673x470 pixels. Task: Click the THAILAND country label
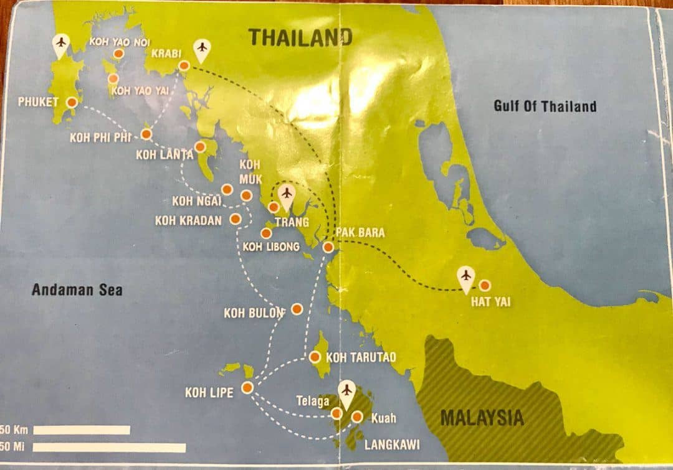pyautogui.click(x=300, y=37)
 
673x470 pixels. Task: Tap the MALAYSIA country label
pyautogui.click(x=482, y=417)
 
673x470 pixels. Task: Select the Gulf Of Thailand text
pyautogui.click(x=545, y=106)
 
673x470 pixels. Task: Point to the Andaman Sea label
pyautogui.click(x=77, y=289)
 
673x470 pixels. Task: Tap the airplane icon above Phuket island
pyautogui.click(x=60, y=43)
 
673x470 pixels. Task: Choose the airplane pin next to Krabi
pyautogui.click(x=201, y=48)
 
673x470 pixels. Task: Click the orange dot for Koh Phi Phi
pyautogui.click(x=146, y=134)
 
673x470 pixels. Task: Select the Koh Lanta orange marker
pyautogui.click(x=200, y=147)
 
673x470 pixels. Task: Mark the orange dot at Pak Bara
pyautogui.click(x=328, y=247)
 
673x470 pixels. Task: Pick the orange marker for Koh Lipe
pyautogui.click(x=247, y=388)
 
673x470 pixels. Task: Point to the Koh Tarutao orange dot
pyautogui.click(x=315, y=357)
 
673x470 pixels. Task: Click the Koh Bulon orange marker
pyautogui.click(x=297, y=309)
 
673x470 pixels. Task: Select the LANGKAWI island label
pyautogui.click(x=391, y=445)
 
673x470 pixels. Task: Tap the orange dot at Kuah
pyautogui.click(x=357, y=417)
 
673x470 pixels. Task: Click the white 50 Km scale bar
pyautogui.click(x=82, y=430)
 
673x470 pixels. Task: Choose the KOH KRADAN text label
pyautogui.click(x=188, y=220)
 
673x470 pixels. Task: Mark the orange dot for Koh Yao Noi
pyautogui.click(x=118, y=54)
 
